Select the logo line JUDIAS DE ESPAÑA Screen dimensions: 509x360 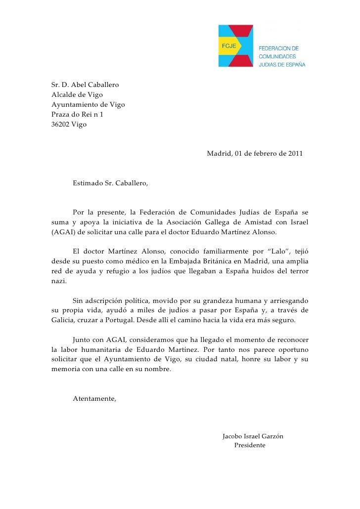click(282, 64)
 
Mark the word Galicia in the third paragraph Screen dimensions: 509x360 click(64, 320)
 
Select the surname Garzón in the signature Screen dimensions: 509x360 click(271, 436)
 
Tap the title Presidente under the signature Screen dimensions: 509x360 click(250, 445)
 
